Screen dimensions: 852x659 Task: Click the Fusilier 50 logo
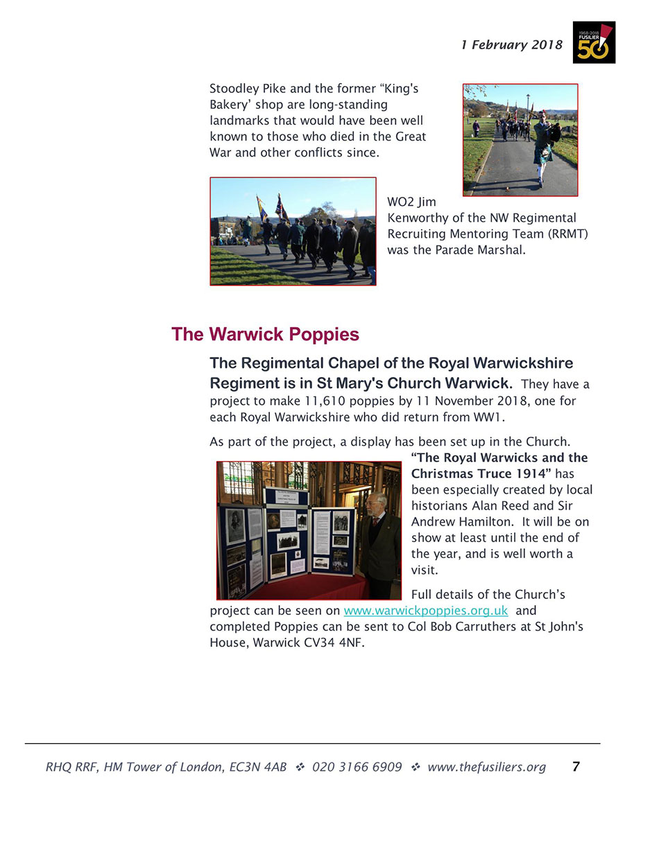click(x=594, y=42)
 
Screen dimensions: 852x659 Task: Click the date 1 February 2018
click(x=512, y=45)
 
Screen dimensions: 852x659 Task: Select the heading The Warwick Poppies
click(x=265, y=334)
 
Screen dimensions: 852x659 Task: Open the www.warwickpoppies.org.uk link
click(x=426, y=611)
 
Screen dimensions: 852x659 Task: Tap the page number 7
click(x=576, y=767)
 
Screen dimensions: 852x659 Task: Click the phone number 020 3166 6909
click(x=357, y=767)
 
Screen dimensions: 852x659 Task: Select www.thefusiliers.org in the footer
click(x=486, y=767)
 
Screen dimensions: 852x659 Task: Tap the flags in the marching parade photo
click(x=271, y=207)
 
